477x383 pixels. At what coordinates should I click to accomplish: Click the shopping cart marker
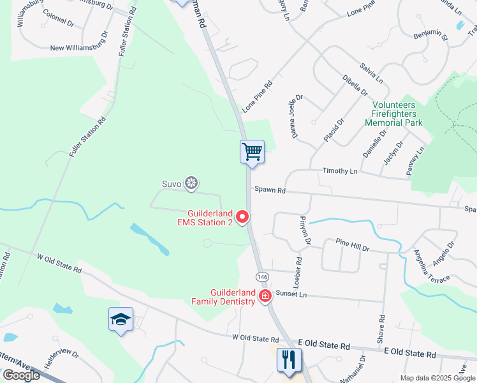252,152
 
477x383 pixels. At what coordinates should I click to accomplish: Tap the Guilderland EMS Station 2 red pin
242,218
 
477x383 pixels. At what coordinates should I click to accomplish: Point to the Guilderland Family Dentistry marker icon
265,296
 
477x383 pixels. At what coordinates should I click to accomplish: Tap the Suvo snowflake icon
191,184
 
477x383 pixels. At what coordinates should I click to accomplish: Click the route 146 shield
262,277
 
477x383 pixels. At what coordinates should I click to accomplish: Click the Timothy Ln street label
340,171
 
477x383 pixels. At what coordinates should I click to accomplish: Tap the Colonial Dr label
57,21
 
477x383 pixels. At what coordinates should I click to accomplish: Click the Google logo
21,375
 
